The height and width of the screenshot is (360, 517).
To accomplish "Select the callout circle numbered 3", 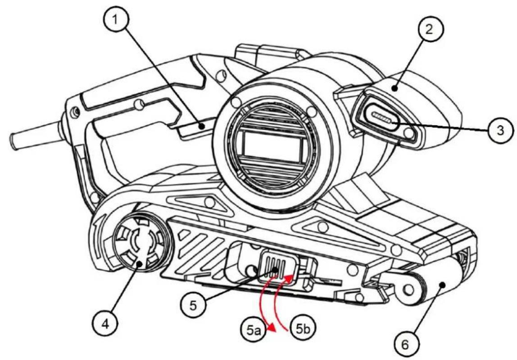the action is point(500,131).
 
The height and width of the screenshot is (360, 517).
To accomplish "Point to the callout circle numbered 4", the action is point(105,324).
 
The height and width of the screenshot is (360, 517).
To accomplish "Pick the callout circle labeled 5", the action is point(193,305).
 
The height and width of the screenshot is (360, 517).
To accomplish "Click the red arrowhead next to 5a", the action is point(272,328).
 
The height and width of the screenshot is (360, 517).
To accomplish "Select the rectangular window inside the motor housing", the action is point(272,146).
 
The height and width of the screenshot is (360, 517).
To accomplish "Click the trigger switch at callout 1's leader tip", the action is point(197,128).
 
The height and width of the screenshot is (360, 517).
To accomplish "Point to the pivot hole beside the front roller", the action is point(409,290).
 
